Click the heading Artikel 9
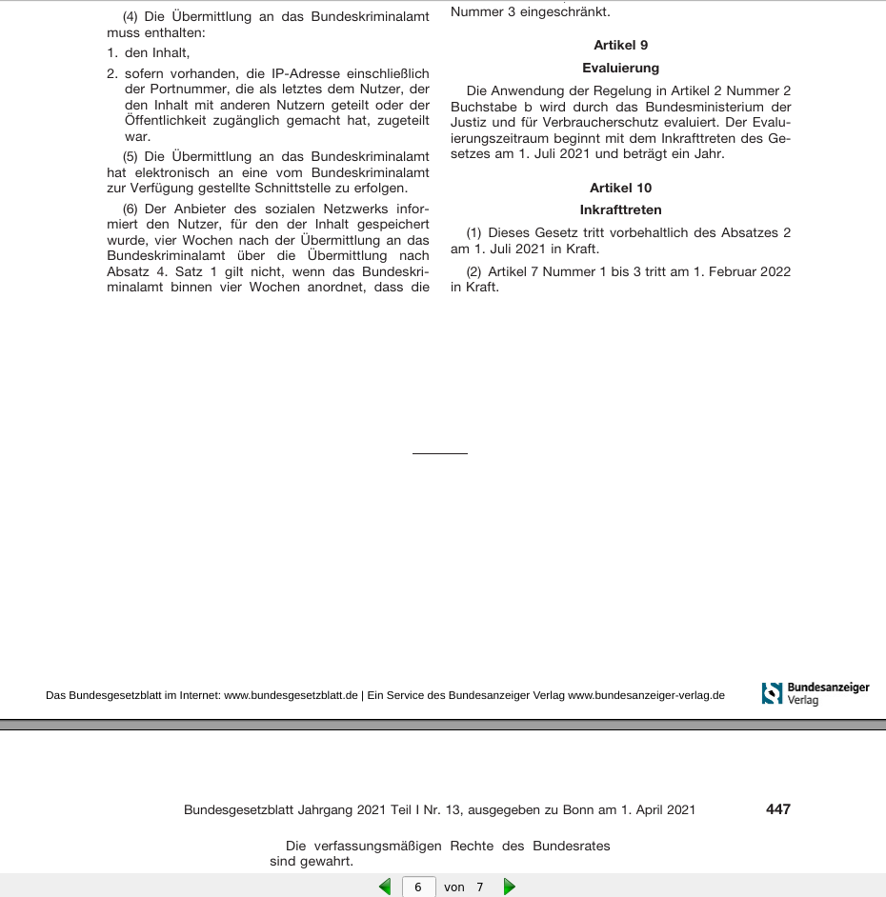point(620,45)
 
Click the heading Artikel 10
point(620,188)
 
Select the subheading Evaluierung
point(620,68)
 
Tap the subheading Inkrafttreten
point(620,209)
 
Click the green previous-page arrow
point(385,887)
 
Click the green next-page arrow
point(509,887)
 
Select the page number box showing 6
point(418,887)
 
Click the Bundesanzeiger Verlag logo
point(816,692)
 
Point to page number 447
point(777,809)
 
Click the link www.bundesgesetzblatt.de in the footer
point(291,695)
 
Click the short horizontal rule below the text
point(439,454)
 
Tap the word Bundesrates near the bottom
point(572,846)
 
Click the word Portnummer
point(178,89)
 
